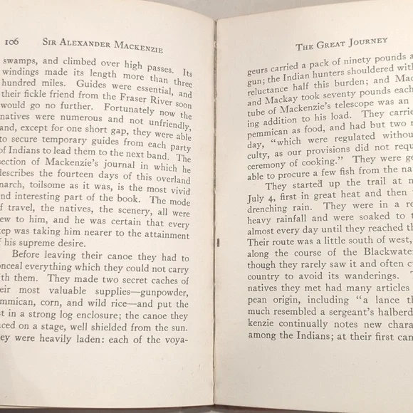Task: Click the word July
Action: tap(258, 193)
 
